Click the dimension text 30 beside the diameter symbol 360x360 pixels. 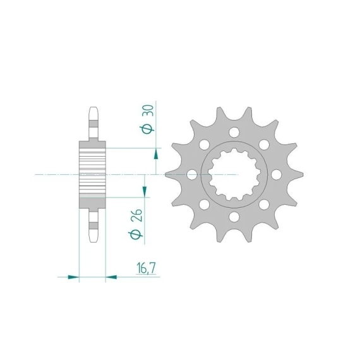148,111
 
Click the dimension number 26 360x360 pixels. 136,215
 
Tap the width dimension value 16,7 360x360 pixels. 146,268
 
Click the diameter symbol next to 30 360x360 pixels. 147,129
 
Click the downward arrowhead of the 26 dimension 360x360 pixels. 145,192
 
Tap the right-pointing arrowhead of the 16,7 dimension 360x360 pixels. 73,277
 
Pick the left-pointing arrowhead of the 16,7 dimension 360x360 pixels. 111,277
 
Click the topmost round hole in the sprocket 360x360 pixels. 234,132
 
